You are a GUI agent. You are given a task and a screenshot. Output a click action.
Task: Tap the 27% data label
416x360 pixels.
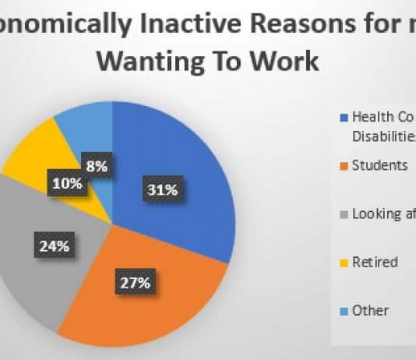(x=133, y=282)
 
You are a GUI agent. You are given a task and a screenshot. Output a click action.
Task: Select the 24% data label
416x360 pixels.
(x=55, y=246)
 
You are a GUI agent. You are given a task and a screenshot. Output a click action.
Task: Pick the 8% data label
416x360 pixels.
(x=97, y=166)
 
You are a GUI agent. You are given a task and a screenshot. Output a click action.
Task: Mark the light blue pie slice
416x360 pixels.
(x=86, y=125)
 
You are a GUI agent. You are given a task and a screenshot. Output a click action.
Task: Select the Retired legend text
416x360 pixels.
(x=374, y=262)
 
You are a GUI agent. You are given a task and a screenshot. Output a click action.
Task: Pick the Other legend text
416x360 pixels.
(x=370, y=310)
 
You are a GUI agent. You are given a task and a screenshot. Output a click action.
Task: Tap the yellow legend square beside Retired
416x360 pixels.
(x=344, y=263)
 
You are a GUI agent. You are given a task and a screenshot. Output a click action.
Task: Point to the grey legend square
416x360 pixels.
(x=344, y=215)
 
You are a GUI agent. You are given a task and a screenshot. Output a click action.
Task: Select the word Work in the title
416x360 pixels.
(x=285, y=61)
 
